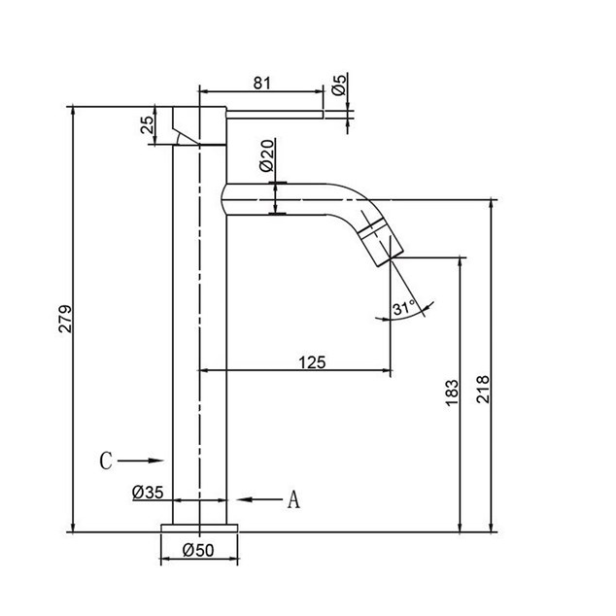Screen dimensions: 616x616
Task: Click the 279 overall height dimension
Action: coord(65,319)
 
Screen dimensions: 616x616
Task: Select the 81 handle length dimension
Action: coord(262,84)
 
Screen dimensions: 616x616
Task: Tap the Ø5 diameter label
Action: coord(339,85)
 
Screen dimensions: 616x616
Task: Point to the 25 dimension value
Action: coord(148,125)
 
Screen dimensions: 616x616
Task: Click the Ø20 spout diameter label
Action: coord(267,155)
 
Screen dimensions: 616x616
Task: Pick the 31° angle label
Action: coord(404,308)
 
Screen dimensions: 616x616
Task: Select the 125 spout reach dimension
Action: coord(312,362)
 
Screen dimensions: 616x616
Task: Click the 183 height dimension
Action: coord(452,393)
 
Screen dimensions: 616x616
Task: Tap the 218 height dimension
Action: coord(483,389)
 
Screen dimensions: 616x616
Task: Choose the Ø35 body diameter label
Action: coord(148,492)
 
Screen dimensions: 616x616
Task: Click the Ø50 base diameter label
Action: coord(198,550)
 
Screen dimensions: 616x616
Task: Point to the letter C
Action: coord(106,461)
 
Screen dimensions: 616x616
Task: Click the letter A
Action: coord(293,499)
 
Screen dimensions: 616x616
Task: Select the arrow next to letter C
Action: coord(140,461)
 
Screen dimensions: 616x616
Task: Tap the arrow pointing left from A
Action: coord(259,499)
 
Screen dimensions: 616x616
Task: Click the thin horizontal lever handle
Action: coord(275,115)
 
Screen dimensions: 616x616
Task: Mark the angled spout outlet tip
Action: coord(391,258)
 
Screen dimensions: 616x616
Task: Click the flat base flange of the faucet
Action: coord(199,528)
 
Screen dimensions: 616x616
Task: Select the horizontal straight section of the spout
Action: coord(274,199)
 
